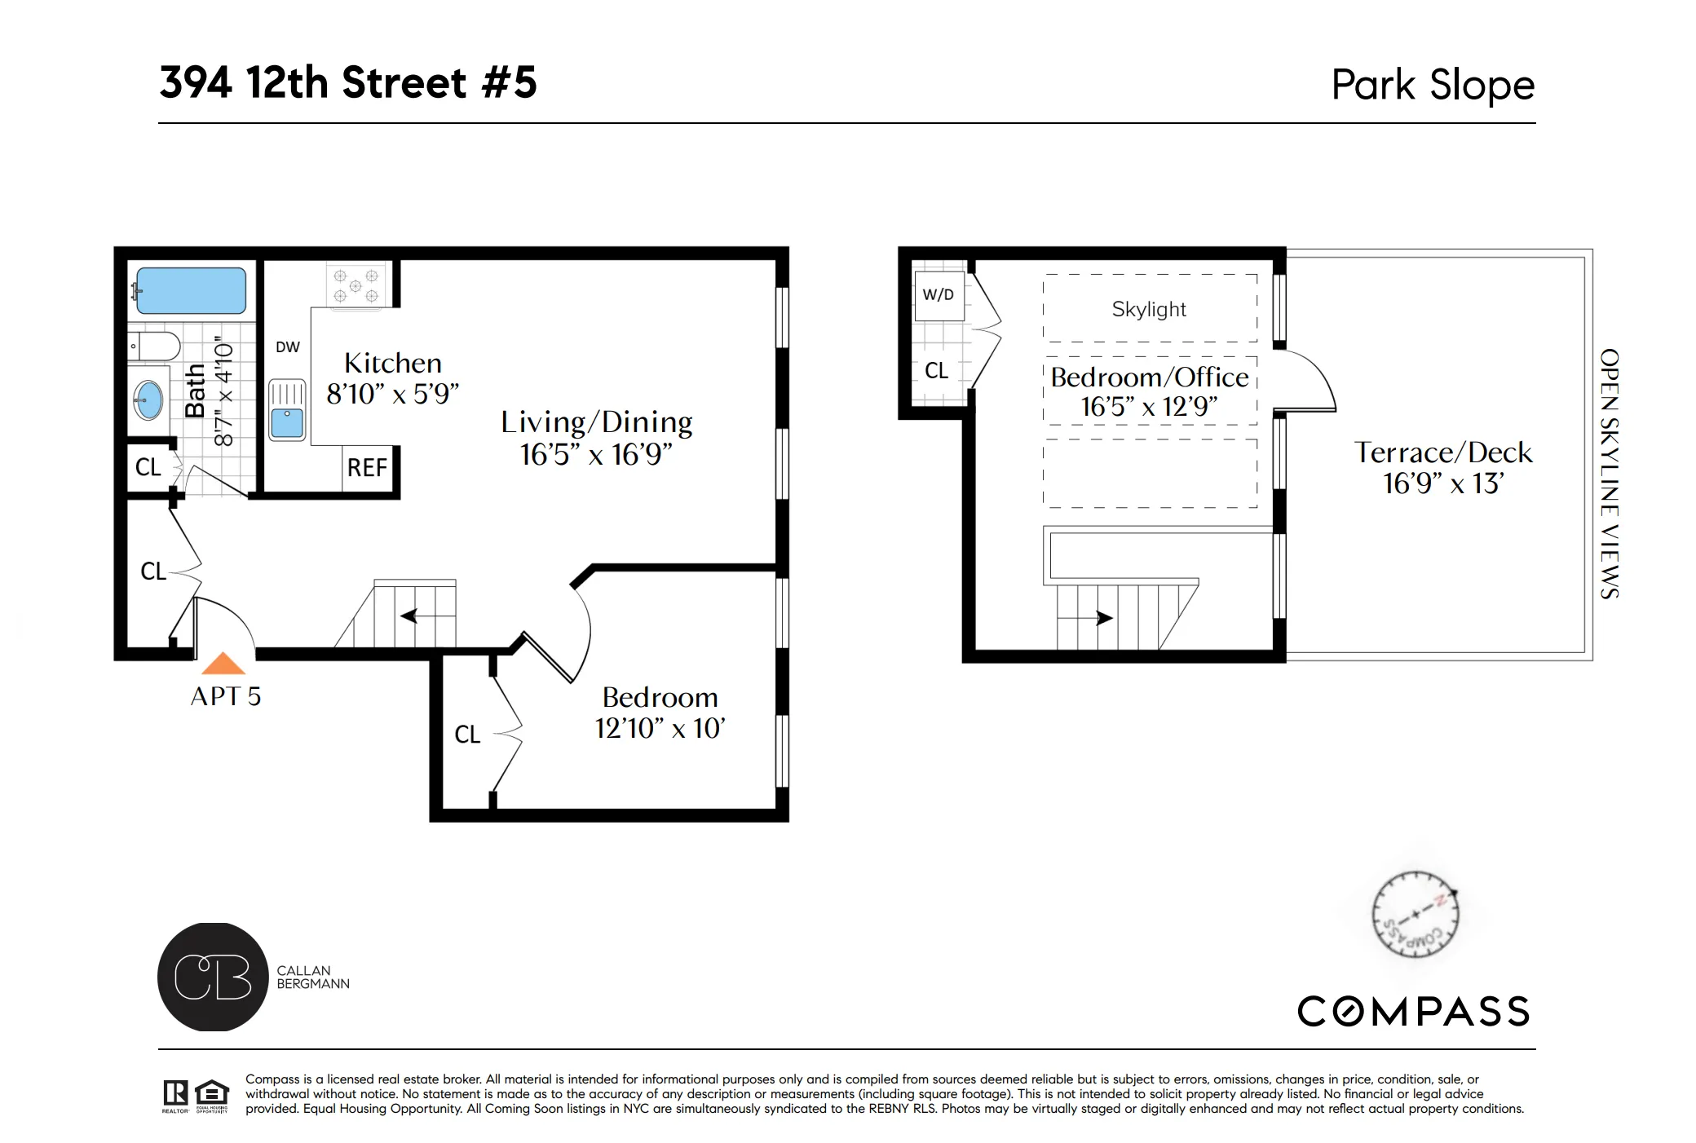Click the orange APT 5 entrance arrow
[223, 664]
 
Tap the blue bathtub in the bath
[191, 291]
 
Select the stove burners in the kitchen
[356, 285]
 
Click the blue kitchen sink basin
[287, 423]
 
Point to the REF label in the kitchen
[367, 468]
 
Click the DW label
[288, 347]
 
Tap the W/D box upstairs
[938, 295]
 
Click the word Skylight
[1149, 310]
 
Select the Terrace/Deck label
[1442, 467]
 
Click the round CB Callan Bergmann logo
[213, 977]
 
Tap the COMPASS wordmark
[1413, 1012]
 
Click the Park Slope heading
[1433, 85]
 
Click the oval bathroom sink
[148, 400]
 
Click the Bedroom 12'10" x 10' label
[660, 713]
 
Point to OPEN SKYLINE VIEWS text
[1608, 474]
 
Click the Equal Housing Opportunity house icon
[212, 1092]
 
